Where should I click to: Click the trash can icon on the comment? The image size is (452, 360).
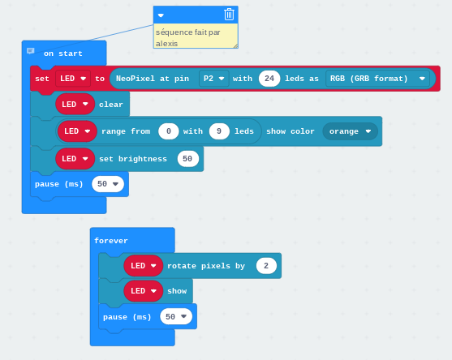pyautogui.click(x=229, y=15)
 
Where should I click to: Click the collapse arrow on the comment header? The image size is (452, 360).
pyautogui.click(x=161, y=15)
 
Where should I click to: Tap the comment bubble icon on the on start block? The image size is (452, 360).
pyautogui.click(x=31, y=51)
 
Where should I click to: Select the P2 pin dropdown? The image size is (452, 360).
pyautogui.click(x=214, y=79)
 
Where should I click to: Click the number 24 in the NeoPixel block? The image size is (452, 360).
pyautogui.click(x=269, y=79)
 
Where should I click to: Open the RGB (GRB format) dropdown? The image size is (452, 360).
pyautogui.click(x=377, y=79)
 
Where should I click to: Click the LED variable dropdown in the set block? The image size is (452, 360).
pyautogui.click(x=73, y=79)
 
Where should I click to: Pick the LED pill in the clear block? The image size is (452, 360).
pyautogui.click(x=75, y=104)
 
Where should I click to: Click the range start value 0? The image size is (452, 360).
pyautogui.click(x=169, y=131)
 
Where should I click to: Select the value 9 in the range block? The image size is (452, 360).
pyautogui.click(x=219, y=131)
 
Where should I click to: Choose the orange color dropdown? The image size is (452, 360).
pyautogui.click(x=350, y=131)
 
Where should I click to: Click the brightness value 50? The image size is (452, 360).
pyautogui.click(x=188, y=159)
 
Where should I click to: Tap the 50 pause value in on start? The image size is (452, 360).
pyautogui.click(x=108, y=184)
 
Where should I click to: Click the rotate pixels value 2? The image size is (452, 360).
pyautogui.click(x=266, y=265)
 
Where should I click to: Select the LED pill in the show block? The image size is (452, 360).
pyautogui.click(x=144, y=291)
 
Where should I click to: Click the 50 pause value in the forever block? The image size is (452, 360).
pyautogui.click(x=176, y=316)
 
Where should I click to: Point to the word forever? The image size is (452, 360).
pyautogui.click(x=111, y=241)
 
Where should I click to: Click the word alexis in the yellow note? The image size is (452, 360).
pyautogui.click(x=166, y=44)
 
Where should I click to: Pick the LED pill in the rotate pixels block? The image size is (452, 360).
pyautogui.click(x=144, y=265)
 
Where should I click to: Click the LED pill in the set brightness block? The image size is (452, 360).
pyautogui.click(x=75, y=159)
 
